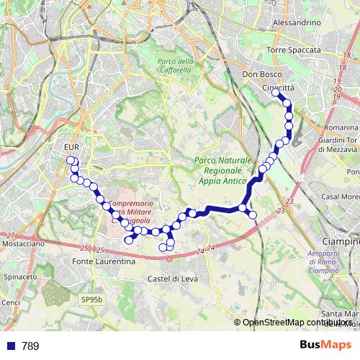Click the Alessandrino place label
(x=296, y=23)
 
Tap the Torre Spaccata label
(x=293, y=50)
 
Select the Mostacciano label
(x=24, y=245)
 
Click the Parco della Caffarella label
(x=175, y=66)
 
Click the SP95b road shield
(x=91, y=298)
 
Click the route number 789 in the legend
(x=30, y=346)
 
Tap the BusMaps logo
(x=325, y=345)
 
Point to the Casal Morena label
(x=340, y=197)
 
